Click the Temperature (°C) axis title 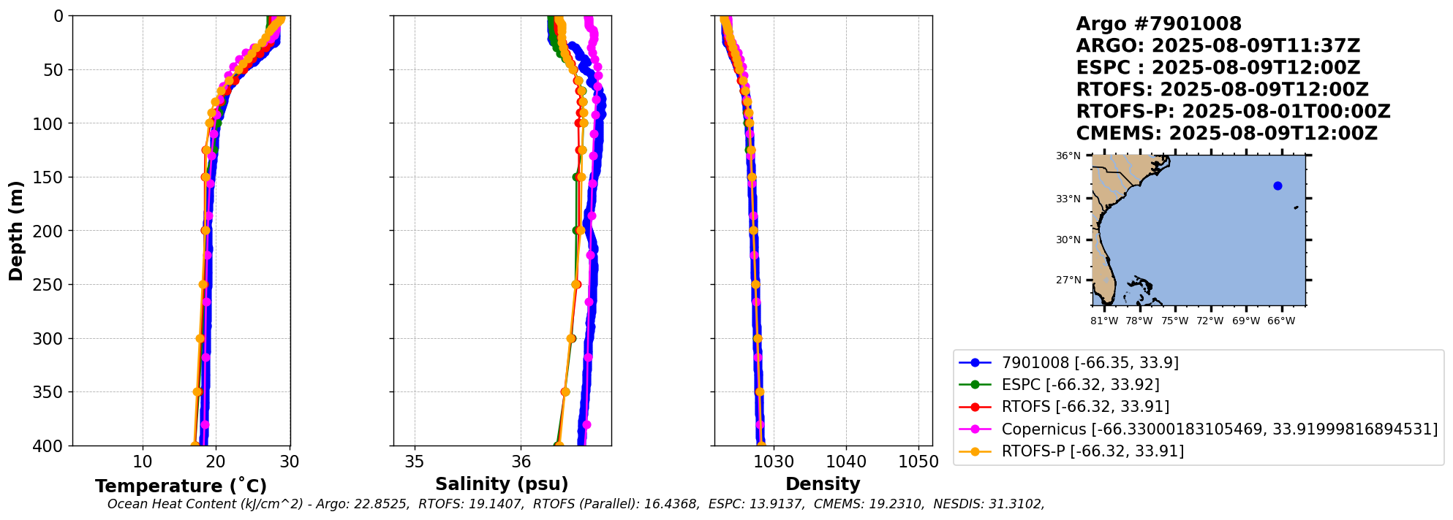click(x=181, y=486)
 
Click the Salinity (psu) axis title click(x=502, y=483)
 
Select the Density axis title click(x=823, y=483)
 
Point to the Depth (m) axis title click(x=16, y=231)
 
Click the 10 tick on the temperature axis click(x=143, y=462)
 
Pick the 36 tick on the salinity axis click(x=521, y=462)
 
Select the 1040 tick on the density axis click(x=846, y=462)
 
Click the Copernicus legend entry click(x=1219, y=429)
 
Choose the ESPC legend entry click(x=1080, y=385)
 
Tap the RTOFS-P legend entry click(x=1092, y=451)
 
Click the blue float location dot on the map click(x=1277, y=186)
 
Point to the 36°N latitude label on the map click(x=1068, y=156)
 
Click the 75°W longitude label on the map click(x=1174, y=321)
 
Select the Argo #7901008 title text click(x=1158, y=24)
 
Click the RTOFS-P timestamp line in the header click(x=1233, y=112)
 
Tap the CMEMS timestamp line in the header click(x=1226, y=134)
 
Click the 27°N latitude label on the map click(x=1068, y=280)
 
